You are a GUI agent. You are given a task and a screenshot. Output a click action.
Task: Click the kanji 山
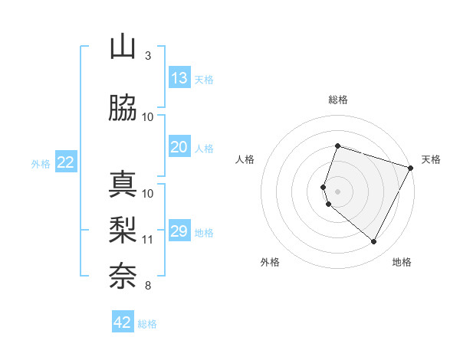point(123,47)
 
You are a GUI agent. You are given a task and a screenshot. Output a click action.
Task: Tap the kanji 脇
point(123,109)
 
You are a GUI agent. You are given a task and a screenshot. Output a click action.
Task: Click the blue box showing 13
point(179,78)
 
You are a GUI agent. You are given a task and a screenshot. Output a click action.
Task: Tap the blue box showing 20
point(179,147)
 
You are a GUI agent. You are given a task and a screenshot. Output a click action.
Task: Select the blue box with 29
point(179,231)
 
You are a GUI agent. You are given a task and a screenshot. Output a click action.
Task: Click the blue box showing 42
point(123,322)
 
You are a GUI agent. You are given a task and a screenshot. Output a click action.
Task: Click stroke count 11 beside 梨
point(148,240)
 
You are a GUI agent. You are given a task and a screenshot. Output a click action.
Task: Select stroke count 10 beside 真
point(148,194)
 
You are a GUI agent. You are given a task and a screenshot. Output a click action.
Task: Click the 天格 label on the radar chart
point(431,159)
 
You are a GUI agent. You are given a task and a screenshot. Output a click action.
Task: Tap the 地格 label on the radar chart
point(402,262)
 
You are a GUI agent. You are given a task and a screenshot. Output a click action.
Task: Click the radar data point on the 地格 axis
point(373,242)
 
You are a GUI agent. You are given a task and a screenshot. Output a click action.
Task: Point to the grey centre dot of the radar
point(338,191)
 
